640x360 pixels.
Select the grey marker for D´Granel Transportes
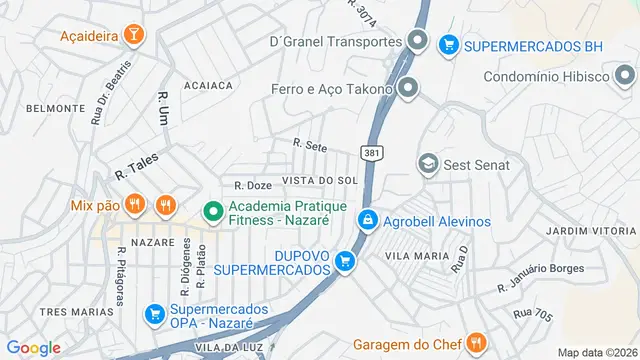coord(419,42)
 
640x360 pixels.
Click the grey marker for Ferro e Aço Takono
coord(407,88)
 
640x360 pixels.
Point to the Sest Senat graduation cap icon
coord(429,163)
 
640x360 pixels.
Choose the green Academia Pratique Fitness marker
coord(212,212)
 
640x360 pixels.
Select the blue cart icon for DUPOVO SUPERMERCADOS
coord(346,262)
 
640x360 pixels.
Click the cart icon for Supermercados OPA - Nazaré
coord(155,314)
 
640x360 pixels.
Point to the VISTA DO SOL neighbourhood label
coord(320,180)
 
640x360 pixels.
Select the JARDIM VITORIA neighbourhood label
coord(591,231)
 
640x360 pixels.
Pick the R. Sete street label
coord(310,146)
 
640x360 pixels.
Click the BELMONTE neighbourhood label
coord(48,108)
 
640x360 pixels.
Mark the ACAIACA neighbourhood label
coord(208,86)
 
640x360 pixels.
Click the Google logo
coord(34,347)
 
